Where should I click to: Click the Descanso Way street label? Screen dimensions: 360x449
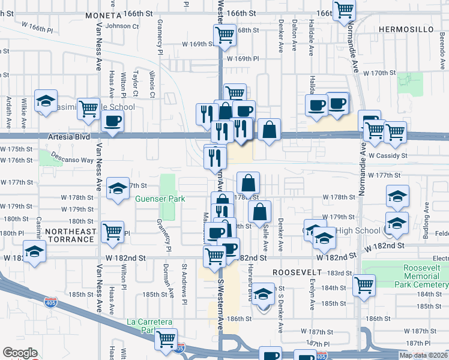tap(81, 160)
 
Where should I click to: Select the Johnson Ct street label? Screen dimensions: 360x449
tap(122, 26)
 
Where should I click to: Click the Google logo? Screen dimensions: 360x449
tap(20, 353)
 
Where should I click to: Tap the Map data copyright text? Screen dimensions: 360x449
tap(423, 355)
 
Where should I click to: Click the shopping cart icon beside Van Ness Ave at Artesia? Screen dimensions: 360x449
tap(88, 109)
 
